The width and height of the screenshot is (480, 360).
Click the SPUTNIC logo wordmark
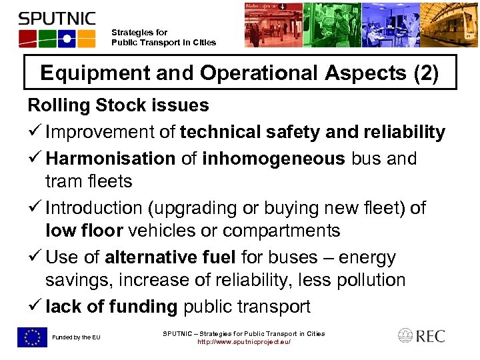[57, 19]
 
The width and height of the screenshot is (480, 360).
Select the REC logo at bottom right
[421, 335]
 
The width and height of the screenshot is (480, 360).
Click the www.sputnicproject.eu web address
[244, 342]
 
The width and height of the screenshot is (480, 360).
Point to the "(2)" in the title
[425, 73]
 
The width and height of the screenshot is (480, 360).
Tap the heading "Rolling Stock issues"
[118, 105]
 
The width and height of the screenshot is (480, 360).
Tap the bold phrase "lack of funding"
[111, 307]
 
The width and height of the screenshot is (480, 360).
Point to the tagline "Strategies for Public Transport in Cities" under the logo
[163, 37]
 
